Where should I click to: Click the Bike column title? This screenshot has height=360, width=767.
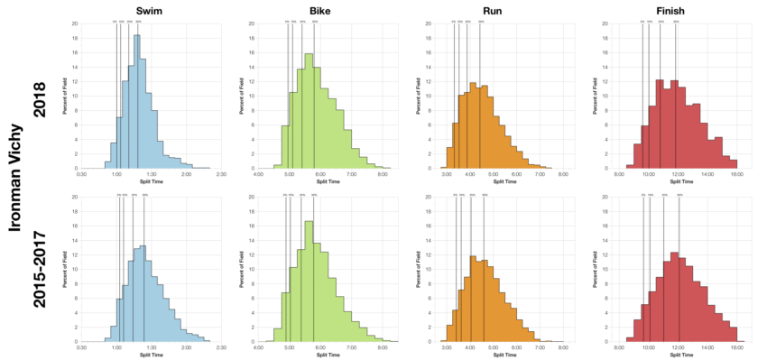(319, 10)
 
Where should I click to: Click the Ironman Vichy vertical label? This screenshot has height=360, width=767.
(14, 180)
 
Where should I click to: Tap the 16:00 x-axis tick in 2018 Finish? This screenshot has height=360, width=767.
(736, 175)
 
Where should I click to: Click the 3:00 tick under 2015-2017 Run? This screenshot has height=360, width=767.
(447, 347)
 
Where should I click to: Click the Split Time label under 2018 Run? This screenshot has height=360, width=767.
(500, 182)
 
